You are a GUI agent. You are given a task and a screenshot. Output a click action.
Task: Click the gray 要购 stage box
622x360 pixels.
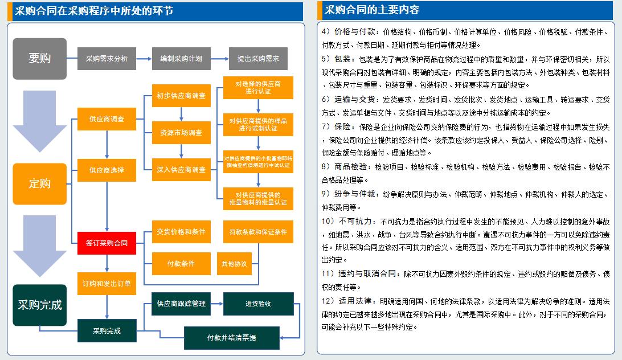coord(39,59)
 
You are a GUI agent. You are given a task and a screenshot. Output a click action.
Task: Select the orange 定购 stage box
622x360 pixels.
coord(39,183)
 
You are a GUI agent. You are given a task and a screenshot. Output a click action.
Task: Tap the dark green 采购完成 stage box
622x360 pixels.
coord(39,305)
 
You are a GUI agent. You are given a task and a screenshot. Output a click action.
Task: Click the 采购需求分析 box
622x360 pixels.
coord(107,59)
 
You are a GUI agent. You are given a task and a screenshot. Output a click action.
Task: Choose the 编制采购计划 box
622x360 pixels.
coord(181,59)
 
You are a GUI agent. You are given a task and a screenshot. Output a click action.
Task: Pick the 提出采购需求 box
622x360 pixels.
coord(258,59)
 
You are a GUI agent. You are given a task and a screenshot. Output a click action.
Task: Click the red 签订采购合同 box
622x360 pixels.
coord(107,243)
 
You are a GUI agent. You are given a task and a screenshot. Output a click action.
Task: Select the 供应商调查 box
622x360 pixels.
coord(107,119)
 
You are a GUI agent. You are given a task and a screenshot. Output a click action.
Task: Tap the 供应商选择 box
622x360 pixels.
coord(107,170)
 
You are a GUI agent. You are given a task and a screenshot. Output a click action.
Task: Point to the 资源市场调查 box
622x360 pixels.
coord(181,133)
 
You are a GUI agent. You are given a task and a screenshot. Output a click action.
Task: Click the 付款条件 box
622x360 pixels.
coord(181,264)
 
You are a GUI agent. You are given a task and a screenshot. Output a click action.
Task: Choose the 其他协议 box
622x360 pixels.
coord(234,264)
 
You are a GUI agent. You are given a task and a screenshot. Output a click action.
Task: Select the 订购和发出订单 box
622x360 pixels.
coord(107,284)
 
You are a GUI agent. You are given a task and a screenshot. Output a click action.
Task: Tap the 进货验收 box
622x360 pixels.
coord(258,304)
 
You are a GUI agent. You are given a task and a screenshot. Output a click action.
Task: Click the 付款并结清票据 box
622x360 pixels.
coord(231,338)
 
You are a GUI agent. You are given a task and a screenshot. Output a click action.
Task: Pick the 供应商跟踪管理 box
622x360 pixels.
coord(181,304)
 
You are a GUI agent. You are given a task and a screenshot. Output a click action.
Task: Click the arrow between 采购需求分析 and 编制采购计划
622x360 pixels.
coord(144,59)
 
